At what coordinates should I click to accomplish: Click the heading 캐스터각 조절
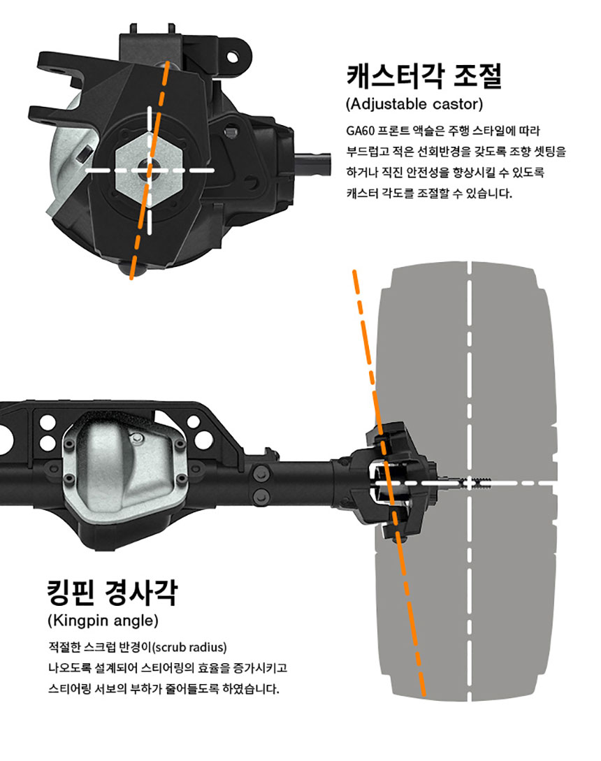tap(424, 75)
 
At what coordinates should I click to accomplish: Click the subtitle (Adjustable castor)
tap(414, 104)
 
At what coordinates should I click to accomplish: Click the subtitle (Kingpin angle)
tap(103, 621)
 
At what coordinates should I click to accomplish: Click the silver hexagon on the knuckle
tap(150, 171)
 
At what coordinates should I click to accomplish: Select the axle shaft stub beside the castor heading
tap(313, 164)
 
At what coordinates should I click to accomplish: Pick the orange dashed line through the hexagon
tap(149, 170)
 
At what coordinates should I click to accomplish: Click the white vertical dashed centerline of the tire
tap(470, 481)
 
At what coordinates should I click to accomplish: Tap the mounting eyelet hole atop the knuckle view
tap(233, 57)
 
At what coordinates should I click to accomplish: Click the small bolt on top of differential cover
tap(138, 439)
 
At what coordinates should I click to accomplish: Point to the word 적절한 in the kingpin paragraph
tap(64, 647)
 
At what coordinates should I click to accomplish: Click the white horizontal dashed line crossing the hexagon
tap(150, 171)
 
